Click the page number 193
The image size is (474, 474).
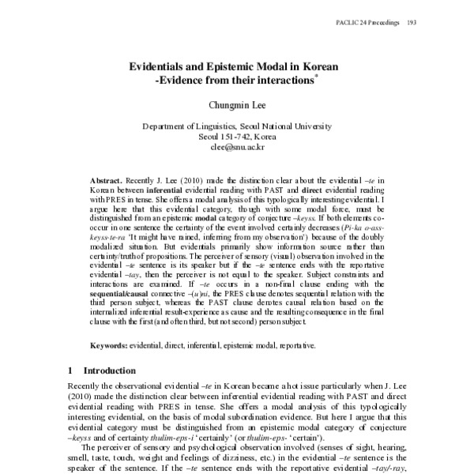point(411,22)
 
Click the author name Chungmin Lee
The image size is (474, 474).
point(237,104)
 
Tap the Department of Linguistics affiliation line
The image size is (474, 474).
point(237,126)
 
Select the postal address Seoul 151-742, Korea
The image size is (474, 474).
point(237,136)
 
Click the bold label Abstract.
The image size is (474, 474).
point(106,180)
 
